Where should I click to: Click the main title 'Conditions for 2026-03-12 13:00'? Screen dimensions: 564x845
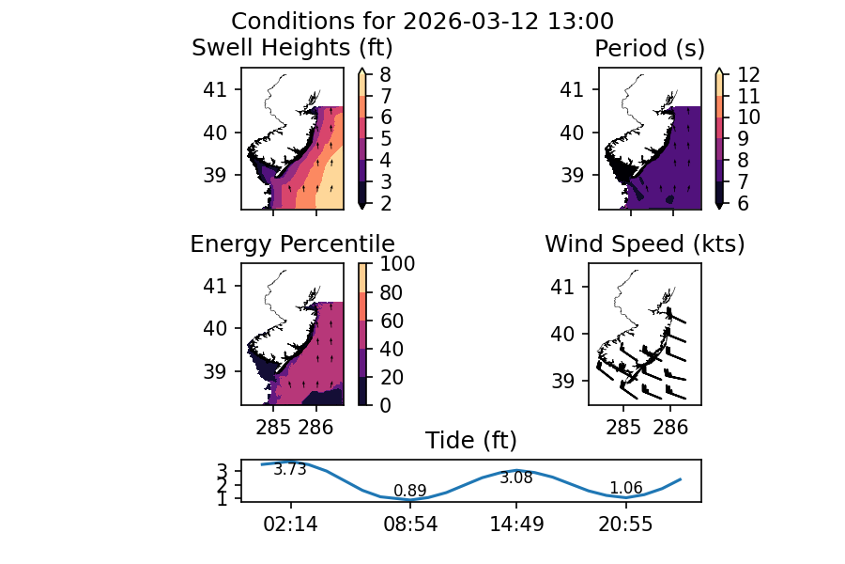pos(422,21)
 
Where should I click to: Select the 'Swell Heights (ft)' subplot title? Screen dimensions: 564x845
pos(292,47)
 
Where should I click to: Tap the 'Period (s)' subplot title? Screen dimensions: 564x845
pos(650,47)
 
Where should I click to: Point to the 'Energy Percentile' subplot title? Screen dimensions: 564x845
pos(292,244)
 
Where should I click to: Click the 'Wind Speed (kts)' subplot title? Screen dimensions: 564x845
pos(645,244)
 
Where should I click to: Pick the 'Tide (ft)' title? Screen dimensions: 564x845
pos(471,440)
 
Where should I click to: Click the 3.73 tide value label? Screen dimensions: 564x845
pos(290,470)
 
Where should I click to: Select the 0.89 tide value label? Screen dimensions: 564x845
pos(410,491)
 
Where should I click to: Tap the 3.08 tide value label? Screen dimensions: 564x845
pos(516,478)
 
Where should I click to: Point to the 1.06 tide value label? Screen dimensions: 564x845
pos(626,488)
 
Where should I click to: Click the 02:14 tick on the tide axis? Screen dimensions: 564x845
pos(291,525)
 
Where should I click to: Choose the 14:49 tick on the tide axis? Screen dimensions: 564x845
pos(516,525)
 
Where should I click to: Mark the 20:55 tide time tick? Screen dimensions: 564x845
pos(626,525)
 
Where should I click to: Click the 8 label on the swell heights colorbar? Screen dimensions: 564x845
pos(385,73)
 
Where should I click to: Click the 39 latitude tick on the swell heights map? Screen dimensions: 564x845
pos(216,174)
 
